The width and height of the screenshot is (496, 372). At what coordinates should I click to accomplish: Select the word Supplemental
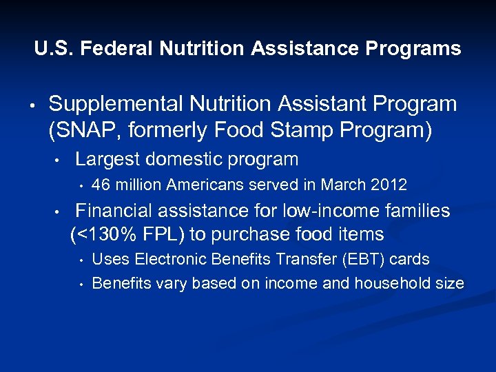click(x=112, y=104)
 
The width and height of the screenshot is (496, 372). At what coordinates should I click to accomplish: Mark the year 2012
click(x=389, y=185)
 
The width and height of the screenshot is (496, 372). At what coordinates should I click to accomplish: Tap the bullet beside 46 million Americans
click(x=81, y=185)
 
